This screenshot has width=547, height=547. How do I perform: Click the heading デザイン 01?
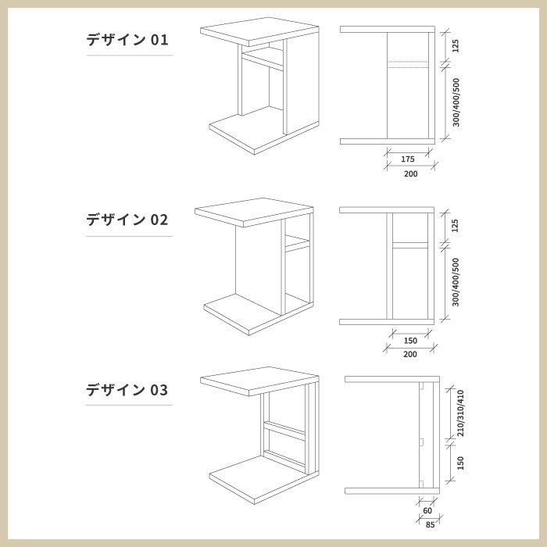(x=127, y=40)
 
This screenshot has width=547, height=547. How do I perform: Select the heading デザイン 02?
(x=127, y=220)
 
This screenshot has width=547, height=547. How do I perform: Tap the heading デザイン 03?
(x=127, y=389)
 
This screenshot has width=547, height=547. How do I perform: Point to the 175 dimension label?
(x=408, y=159)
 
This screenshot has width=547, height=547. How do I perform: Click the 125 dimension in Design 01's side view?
(x=456, y=45)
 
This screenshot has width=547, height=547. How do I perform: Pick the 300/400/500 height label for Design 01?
(x=456, y=102)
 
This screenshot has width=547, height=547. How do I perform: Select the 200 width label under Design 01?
(x=410, y=173)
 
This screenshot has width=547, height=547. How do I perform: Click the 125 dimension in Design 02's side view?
(x=456, y=226)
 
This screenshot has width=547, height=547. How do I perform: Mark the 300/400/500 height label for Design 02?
(x=456, y=282)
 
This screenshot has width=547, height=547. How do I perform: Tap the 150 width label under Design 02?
(x=410, y=340)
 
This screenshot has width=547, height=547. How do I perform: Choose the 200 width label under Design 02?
(x=410, y=354)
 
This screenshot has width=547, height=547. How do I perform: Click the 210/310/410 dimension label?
(x=461, y=413)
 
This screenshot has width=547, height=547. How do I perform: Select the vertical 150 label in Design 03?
(x=461, y=463)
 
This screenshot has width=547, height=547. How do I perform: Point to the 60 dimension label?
(x=427, y=510)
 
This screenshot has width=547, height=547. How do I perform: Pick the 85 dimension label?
(x=430, y=524)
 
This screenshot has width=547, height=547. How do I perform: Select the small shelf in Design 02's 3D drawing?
(x=297, y=245)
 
